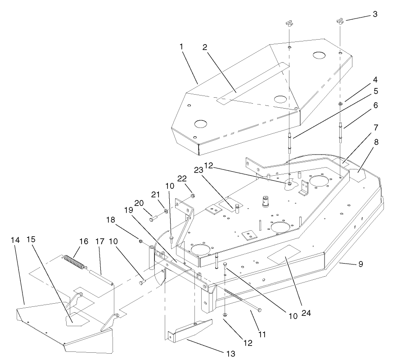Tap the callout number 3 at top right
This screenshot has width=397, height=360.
pos(375,14)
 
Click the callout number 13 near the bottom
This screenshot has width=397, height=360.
pos(230,354)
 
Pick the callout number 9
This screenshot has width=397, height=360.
pos(360,264)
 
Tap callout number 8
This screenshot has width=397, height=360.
pos(376,141)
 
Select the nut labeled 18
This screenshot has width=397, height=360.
pos(140,242)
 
